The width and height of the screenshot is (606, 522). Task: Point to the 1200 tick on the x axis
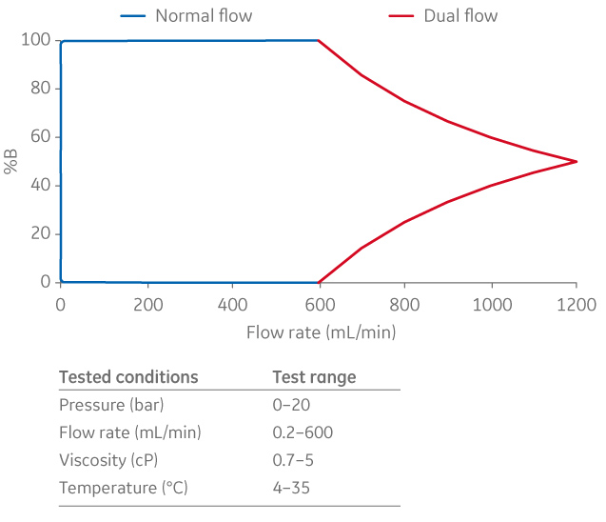point(577,306)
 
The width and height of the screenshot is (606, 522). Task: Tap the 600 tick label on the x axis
point(319,306)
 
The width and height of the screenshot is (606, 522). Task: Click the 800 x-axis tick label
point(404,306)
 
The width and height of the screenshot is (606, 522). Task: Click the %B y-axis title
point(11,161)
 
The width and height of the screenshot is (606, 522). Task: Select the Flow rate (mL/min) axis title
point(321,332)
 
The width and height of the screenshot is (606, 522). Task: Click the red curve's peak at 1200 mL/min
point(577,161)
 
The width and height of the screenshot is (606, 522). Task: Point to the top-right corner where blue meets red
point(319,40)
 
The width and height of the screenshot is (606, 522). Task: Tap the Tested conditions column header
point(128,377)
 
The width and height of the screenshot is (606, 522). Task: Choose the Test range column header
point(314,377)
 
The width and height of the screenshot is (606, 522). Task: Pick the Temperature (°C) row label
point(120,489)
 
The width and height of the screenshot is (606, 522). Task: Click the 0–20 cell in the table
point(290,405)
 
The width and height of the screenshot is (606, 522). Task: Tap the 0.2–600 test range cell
point(303,432)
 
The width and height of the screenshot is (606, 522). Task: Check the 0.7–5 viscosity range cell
point(294,461)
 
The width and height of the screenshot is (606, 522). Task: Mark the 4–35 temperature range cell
point(291,489)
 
